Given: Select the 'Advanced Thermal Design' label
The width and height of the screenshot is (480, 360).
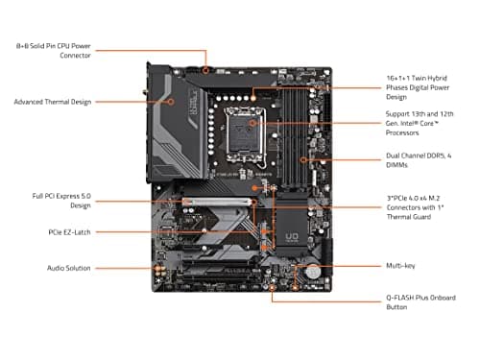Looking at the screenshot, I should tap(52, 101).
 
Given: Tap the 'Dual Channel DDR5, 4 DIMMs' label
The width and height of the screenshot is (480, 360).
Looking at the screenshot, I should tap(417, 161).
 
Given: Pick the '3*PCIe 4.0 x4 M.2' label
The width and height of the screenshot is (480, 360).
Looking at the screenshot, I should tap(417, 206).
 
